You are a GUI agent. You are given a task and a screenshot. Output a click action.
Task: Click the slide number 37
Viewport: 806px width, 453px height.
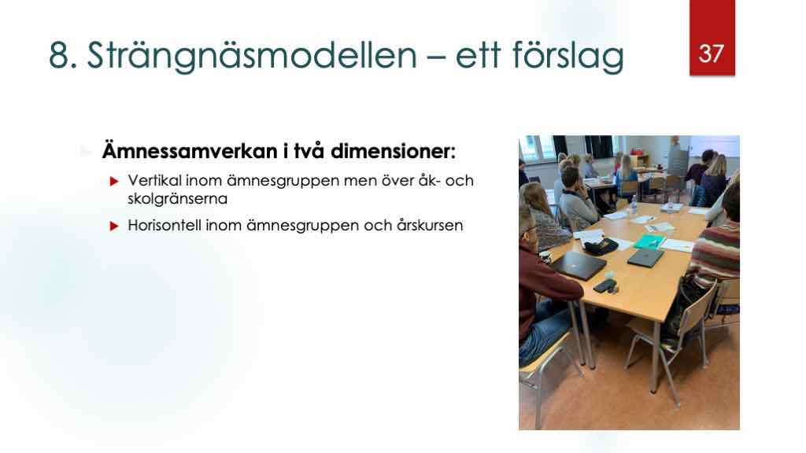712,53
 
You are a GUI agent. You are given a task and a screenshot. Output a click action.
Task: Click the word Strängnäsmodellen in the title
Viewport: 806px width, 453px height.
252,56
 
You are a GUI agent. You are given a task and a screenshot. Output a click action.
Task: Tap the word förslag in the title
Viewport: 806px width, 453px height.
568,56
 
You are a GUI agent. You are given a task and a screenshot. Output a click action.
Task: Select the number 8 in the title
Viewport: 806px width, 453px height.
59,55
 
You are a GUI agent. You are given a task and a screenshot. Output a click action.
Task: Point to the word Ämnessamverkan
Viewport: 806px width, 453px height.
190,151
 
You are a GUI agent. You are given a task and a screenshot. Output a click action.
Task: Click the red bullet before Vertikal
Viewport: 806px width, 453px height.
114,182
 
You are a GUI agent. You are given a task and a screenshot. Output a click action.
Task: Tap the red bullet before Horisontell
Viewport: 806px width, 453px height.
114,226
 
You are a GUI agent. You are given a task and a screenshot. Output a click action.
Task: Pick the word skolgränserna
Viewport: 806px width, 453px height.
177,199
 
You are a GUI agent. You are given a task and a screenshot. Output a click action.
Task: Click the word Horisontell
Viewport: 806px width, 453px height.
165,226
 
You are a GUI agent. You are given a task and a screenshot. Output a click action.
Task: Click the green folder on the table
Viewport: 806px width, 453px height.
649,241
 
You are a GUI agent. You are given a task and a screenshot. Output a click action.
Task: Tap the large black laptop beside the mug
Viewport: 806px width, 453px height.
579,265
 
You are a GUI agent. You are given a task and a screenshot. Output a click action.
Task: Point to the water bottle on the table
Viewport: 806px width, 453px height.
634,205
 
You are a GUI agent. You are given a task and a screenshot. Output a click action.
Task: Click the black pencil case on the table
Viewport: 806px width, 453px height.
601,246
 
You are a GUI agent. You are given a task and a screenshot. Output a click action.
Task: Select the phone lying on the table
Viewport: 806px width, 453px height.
603,286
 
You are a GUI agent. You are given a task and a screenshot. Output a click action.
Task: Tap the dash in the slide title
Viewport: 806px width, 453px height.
436,57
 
